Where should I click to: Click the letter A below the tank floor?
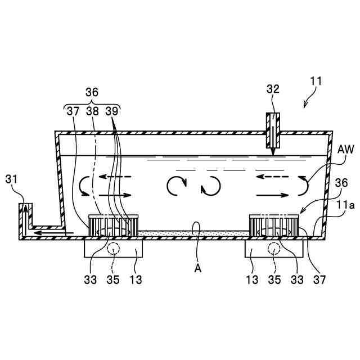[x=197, y=268]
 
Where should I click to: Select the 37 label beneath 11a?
[x=321, y=277]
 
